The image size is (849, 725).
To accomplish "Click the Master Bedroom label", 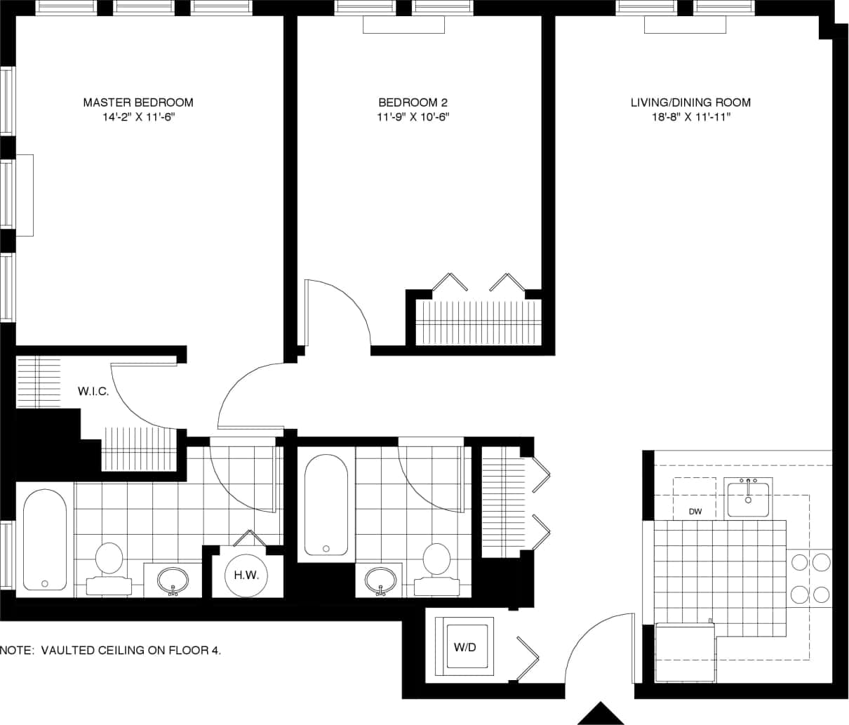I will pos(138,102).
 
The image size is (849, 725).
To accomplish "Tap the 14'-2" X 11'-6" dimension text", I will pos(138,117).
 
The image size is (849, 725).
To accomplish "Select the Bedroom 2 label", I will pos(413,102).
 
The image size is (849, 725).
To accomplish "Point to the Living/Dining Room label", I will pos(690,102).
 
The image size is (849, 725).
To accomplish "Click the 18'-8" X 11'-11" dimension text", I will pos(690,117).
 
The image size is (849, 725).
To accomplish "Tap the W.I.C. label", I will pos(93,392).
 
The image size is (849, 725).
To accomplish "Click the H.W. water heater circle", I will pos(246,576).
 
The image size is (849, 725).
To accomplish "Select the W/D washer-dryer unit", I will pos(464,647).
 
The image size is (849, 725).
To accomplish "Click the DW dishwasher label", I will pos(695,512).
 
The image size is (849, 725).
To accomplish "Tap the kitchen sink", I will pos(748,498).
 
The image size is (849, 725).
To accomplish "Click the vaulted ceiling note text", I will pos(111,651).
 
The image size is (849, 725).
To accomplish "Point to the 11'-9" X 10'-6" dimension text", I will pos(413,117).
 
